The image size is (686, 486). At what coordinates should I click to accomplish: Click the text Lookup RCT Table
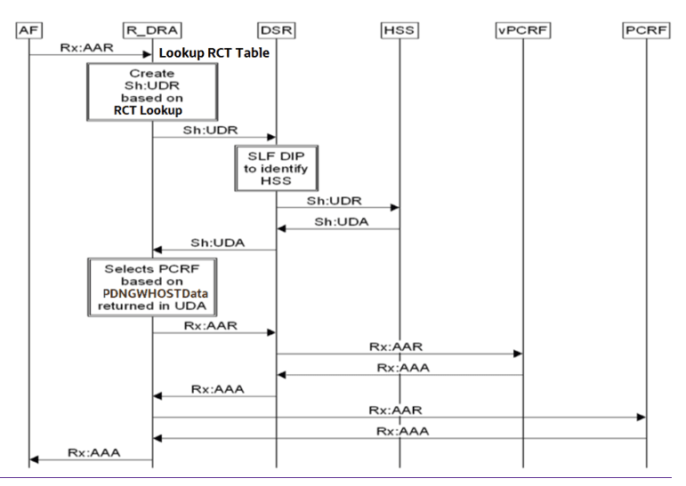[x=214, y=53]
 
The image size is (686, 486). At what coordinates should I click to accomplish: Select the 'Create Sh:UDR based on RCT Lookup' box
[x=151, y=93]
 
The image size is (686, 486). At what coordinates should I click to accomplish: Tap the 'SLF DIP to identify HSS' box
[x=276, y=169]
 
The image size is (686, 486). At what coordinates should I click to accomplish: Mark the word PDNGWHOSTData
[x=152, y=294]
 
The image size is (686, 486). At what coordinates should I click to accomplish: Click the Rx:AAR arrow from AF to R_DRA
[x=90, y=54]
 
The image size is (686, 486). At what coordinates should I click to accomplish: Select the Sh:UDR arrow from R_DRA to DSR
[x=214, y=138]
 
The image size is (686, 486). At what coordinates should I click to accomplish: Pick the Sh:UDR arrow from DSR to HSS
[x=337, y=208]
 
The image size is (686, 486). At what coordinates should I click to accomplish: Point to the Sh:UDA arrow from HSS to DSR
[x=337, y=228]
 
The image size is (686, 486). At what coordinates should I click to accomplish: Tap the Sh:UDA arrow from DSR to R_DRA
[x=214, y=250]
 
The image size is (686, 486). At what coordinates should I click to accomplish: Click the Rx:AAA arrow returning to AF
[x=90, y=459]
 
